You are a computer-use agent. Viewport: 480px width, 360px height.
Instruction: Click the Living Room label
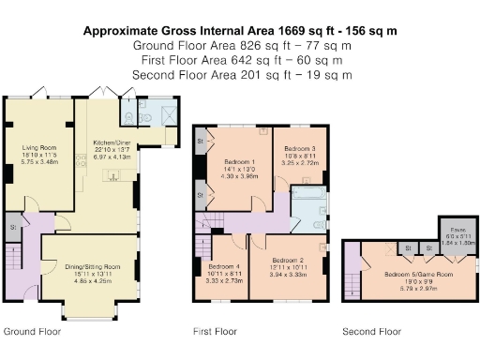click(x=39, y=146)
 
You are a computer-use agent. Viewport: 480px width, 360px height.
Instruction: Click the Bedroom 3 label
click(x=300, y=149)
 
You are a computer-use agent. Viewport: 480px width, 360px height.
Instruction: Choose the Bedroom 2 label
click(x=289, y=260)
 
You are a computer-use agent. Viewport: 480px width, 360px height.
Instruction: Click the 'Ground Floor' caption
click(x=33, y=332)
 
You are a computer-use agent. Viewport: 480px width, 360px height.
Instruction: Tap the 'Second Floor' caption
click(x=370, y=332)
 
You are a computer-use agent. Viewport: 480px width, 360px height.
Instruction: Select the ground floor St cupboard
click(x=14, y=227)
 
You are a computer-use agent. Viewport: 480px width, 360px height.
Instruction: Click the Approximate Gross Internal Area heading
click(x=239, y=31)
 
